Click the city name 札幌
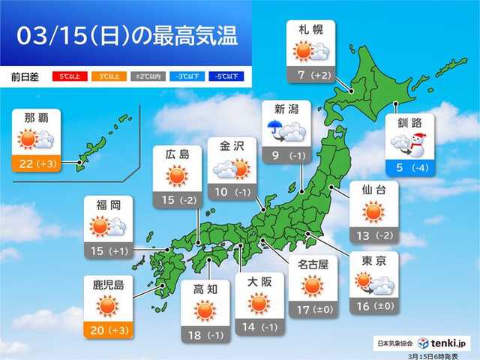tap(310, 31)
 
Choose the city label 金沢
tap(229, 146)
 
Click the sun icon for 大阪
tap(259, 303)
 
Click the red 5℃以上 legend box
tap(65, 76)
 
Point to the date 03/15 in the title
tap(51, 36)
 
